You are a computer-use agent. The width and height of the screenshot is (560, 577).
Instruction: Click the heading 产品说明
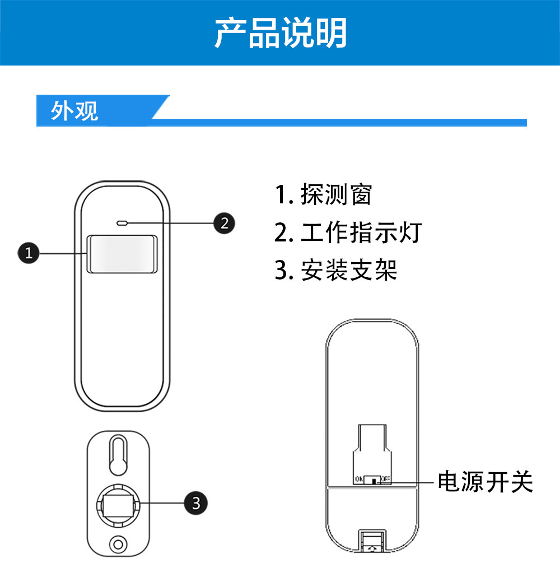pyautogui.click(x=281, y=32)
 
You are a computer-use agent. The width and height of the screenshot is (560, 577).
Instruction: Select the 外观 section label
pyautogui.click(x=74, y=111)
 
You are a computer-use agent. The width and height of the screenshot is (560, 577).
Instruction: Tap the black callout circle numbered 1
pyautogui.click(x=28, y=253)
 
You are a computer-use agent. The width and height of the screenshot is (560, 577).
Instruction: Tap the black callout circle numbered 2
pyautogui.click(x=225, y=224)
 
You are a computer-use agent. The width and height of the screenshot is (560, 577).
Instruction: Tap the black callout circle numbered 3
pyautogui.click(x=195, y=502)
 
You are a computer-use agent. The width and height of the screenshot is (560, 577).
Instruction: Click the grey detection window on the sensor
pyautogui.click(x=122, y=254)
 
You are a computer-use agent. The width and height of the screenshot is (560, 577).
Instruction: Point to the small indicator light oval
pyautogui.click(x=122, y=224)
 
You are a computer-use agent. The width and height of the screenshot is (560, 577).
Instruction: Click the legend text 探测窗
pyautogui.click(x=335, y=194)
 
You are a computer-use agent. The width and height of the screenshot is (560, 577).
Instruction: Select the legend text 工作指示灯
pyautogui.click(x=360, y=232)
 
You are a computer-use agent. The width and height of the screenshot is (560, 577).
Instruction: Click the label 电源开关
pyautogui.click(x=485, y=481)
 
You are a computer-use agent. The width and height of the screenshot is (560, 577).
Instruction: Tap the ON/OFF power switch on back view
pyautogui.click(x=373, y=480)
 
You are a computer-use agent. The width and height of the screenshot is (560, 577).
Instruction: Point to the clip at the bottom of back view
pyautogui.click(x=372, y=543)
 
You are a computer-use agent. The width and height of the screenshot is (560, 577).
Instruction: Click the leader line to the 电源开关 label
pyautogui.click(x=414, y=481)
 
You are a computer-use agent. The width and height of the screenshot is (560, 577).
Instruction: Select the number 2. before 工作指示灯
pyautogui.click(x=283, y=232)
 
